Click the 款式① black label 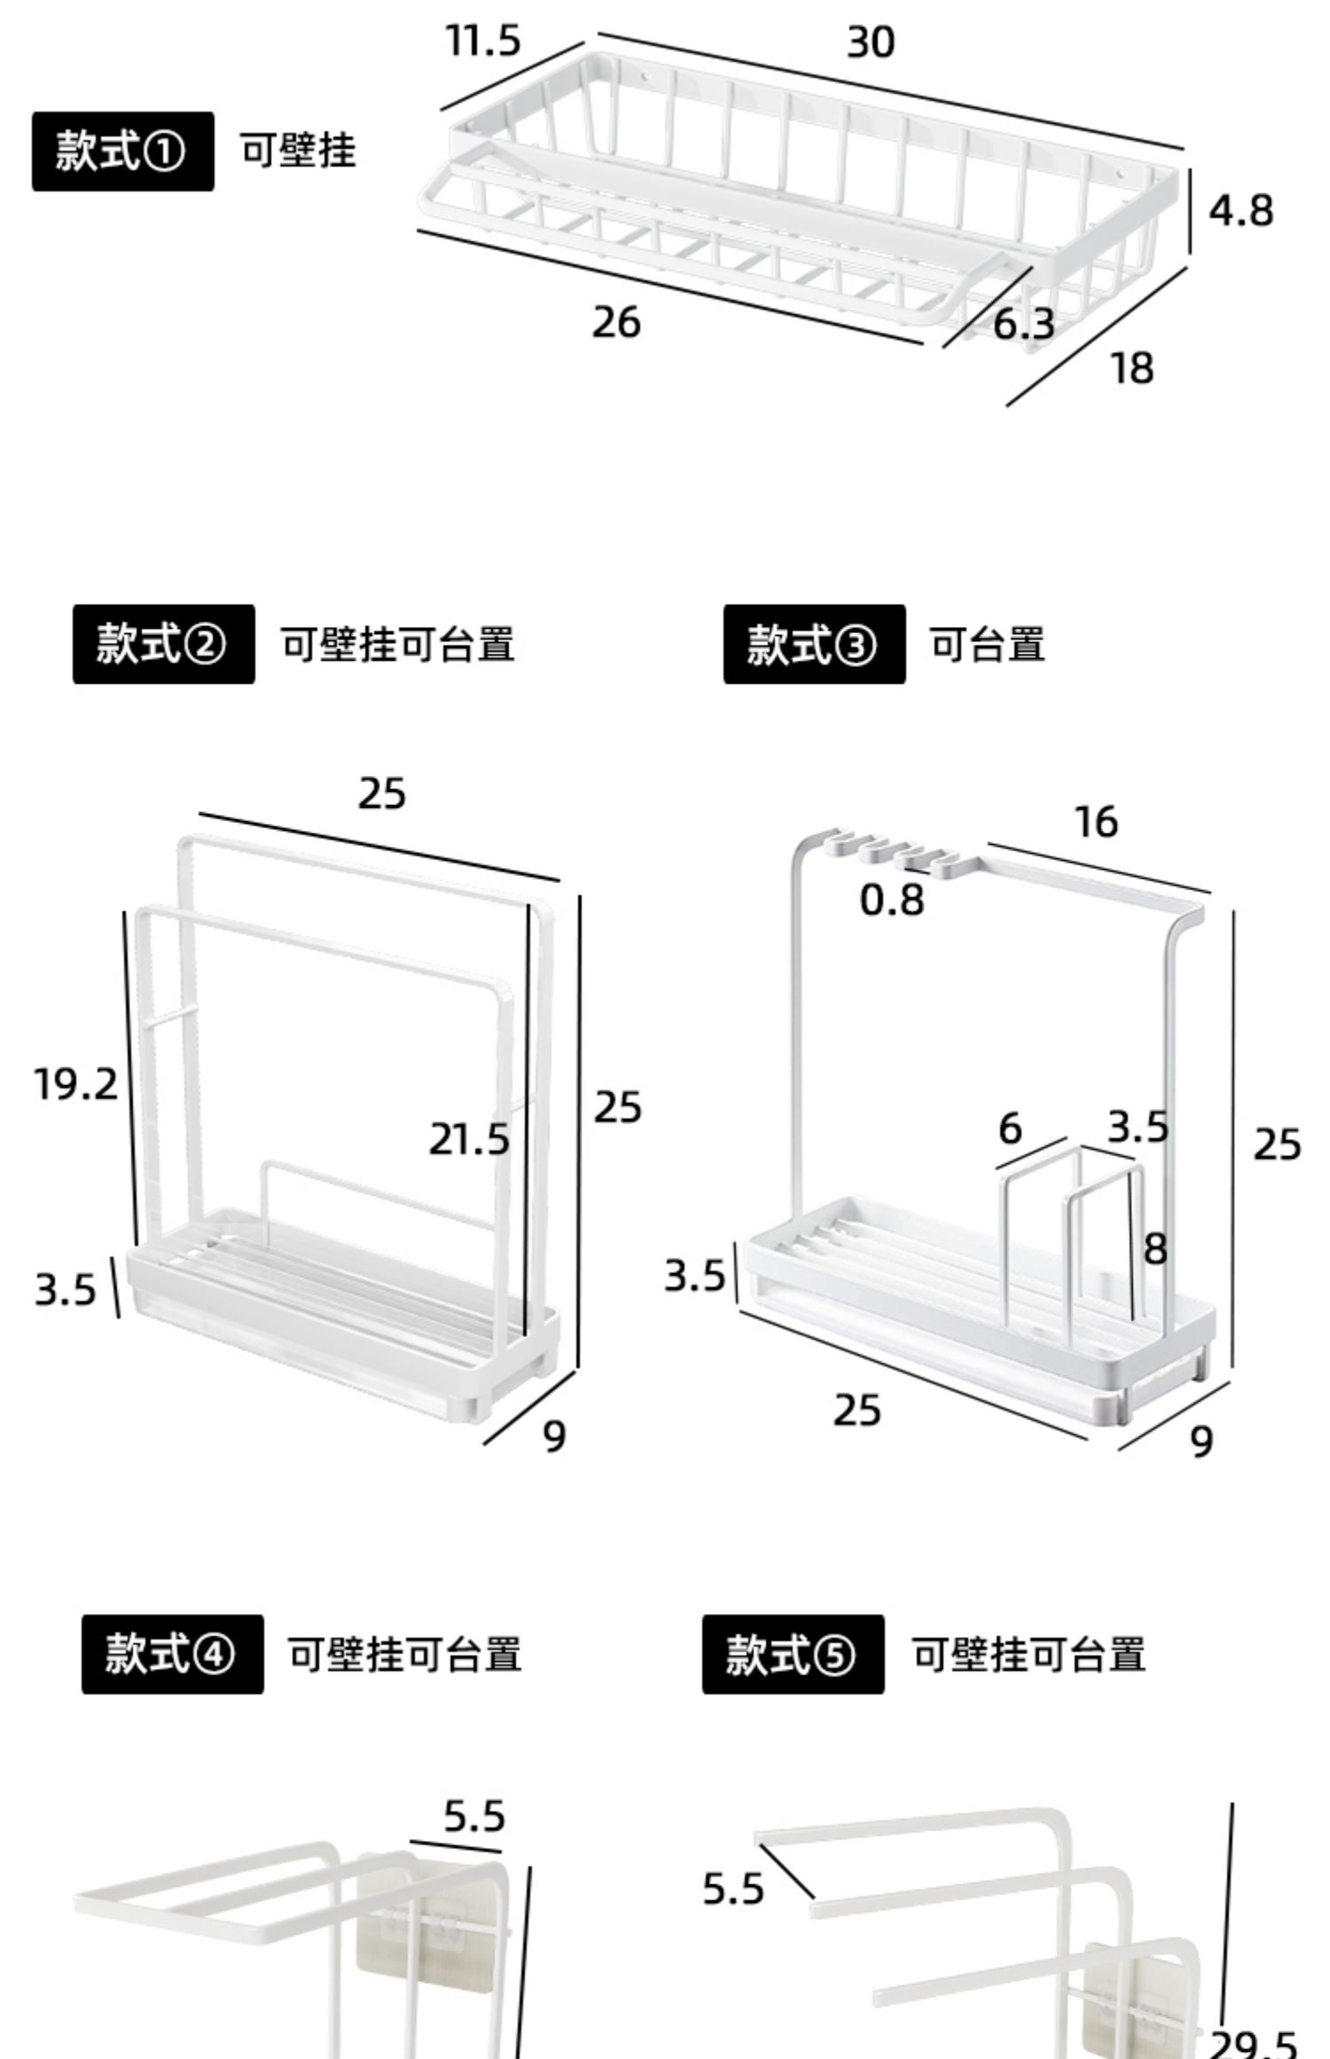(x=122, y=151)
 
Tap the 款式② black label (x=163, y=644)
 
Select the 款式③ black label (x=813, y=644)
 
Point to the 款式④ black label (x=172, y=1655)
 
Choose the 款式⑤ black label (x=793, y=1655)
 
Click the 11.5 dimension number (x=482, y=41)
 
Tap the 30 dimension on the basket (x=871, y=43)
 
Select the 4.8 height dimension (x=1240, y=211)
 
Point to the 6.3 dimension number (x=1023, y=325)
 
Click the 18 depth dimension (x=1132, y=368)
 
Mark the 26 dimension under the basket (x=616, y=322)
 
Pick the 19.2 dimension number (x=75, y=1084)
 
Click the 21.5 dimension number (x=469, y=1139)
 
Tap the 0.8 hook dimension (x=892, y=900)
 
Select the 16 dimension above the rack (x=1096, y=822)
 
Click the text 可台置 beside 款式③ (x=987, y=644)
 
